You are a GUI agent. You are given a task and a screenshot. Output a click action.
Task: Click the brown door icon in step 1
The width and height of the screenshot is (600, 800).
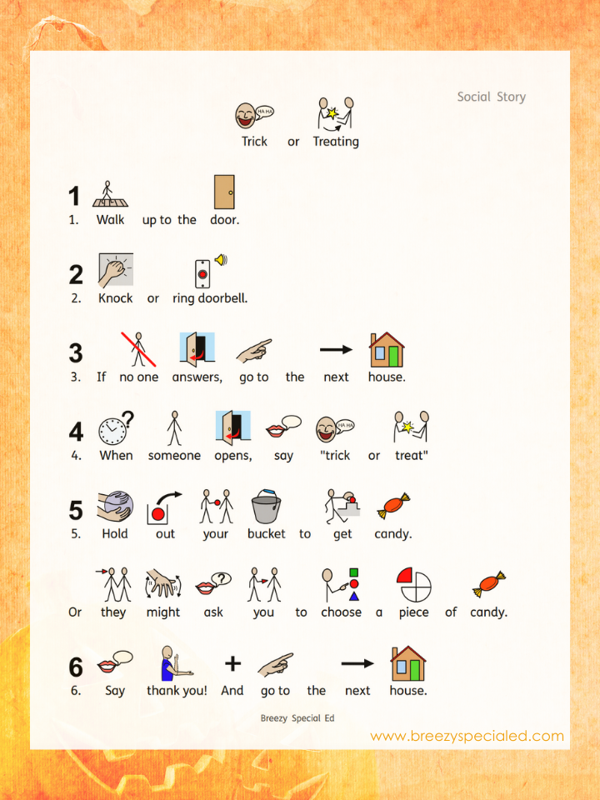pyautogui.click(x=224, y=192)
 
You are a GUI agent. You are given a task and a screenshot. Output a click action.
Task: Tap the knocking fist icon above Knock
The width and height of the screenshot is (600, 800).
pyautogui.click(x=116, y=270)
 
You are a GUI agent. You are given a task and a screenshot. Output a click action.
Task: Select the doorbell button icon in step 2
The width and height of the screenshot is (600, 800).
pyautogui.click(x=202, y=274)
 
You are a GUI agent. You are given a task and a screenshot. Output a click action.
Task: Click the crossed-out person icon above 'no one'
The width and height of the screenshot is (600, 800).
pyautogui.click(x=138, y=349)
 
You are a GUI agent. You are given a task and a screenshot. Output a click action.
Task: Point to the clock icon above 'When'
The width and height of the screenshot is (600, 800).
pyautogui.click(x=117, y=428)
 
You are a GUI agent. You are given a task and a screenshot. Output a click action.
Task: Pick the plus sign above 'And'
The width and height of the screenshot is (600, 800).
pyautogui.click(x=232, y=663)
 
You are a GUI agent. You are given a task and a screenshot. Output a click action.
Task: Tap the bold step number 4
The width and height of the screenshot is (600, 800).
pyautogui.click(x=76, y=432)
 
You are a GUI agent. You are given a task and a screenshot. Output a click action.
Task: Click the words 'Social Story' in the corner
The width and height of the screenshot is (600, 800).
pyautogui.click(x=492, y=97)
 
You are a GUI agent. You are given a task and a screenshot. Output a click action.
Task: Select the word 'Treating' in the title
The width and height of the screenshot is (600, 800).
pyautogui.click(x=336, y=142)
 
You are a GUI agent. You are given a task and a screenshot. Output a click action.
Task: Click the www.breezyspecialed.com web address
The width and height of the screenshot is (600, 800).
pyautogui.click(x=467, y=736)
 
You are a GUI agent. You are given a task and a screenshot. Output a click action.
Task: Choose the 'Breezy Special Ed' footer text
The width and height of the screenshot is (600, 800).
pyautogui.click(x=297, y=717)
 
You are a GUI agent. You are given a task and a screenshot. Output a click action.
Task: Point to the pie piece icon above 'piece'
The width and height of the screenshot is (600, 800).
pyautogui.click(x=414, y=585)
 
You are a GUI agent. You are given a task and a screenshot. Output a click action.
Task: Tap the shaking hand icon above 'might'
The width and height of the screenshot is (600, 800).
pyautogui.click(x=163, y=584)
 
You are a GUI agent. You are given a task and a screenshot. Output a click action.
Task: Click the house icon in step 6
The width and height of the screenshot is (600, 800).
pyautogui.click(x=408, y=663)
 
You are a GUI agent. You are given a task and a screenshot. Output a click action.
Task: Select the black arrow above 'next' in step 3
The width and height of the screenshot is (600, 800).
pyautogui.click(x=336, y=349)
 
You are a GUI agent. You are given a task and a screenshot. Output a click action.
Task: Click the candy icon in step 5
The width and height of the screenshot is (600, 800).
pyautogui.click(x=393, y=506)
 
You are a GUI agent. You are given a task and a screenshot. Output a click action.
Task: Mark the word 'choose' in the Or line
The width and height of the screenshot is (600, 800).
pyautogui.click(x=342, y=612)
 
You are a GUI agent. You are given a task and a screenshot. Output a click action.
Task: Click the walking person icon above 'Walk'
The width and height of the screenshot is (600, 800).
pyautogui.click(x=110, y=193)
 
